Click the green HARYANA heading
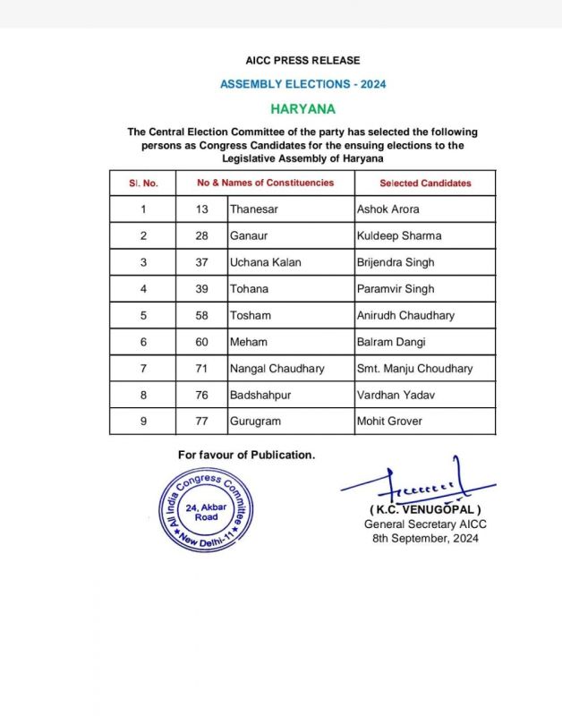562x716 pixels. (302, 108)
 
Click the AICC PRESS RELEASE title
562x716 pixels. (302, 60)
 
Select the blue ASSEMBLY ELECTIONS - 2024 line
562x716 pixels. (302, 84)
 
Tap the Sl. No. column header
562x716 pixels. (143, 183)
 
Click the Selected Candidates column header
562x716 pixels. (425, 183)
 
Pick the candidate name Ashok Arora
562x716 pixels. (387, 209)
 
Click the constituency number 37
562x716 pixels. (202, 262)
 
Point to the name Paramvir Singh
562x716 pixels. (395, 289)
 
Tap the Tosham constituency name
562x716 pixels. (250, 315)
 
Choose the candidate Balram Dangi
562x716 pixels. (391, 342)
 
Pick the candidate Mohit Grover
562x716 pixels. (390, 421)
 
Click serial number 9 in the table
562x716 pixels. (143, 421)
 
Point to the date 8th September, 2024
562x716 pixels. (425, 539)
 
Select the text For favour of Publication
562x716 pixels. (246, 455)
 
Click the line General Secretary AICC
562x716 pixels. (425, 524)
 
